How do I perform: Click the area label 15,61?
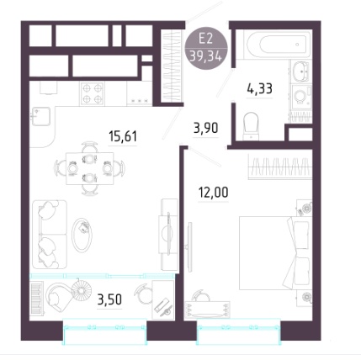tap(123, 136)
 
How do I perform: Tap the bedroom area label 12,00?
tap(213, 193)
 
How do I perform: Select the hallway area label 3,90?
tap(206, 129)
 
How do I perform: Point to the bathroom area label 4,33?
tap(259, 89)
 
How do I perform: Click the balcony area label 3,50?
tap(109, 299)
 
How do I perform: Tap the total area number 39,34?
tap(206, 57)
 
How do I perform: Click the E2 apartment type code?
tap(205, 39)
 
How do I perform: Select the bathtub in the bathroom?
tap(278, 45)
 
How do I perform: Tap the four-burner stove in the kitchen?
tap(93, 93)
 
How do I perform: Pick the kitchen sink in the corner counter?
tap(41, 116)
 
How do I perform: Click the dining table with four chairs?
tap(90, 168)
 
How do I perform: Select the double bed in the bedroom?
tap(275, 253)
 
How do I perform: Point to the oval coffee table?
tap(82, 235)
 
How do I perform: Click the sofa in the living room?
tap(50, 235)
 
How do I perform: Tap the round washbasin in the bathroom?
tap(301, 71)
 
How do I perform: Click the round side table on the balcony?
tap(82, 289)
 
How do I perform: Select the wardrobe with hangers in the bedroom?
tap(280, 167)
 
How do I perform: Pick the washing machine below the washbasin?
tap(301, 97)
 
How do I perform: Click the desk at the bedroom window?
tap(207, 310)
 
